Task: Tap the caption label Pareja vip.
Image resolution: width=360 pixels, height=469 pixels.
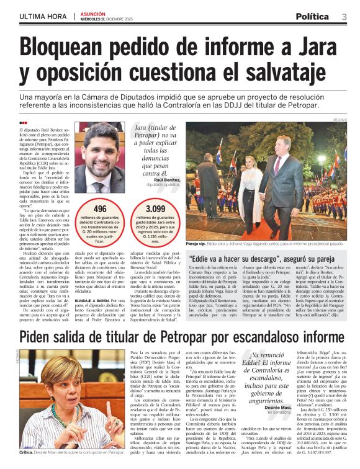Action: pyautogui.click(x=200, y=244)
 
